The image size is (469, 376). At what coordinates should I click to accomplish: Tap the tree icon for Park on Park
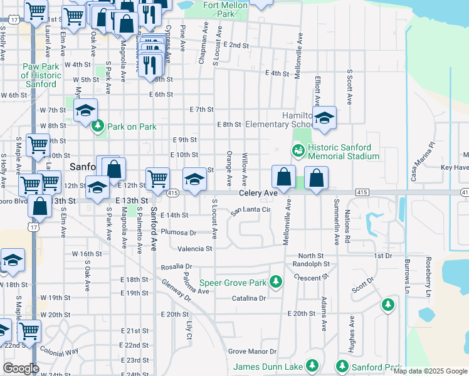click(x=98, y=127)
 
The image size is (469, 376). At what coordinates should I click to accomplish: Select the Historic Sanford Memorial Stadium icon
click(x=298, y=150)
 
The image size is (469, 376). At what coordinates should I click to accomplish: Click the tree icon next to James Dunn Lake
click(x=312, y=366)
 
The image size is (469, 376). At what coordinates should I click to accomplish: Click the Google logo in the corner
click(x=21, y=368)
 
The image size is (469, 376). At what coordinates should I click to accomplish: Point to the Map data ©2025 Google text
click(x=430, y=372)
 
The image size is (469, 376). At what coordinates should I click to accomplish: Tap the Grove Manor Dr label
click(x=252, y=352)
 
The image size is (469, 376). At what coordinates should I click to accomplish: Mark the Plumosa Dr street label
click(x=179, y=232)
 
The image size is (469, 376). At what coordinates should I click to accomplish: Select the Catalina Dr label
click(x=249, y=298)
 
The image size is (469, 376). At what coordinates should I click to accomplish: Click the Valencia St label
click(x=195, y=248)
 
